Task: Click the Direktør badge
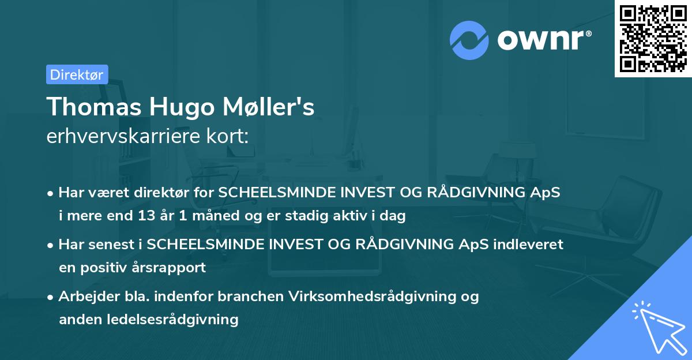pos(77,74)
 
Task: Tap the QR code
pos(653,39)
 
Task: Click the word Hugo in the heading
pos(175,107)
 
